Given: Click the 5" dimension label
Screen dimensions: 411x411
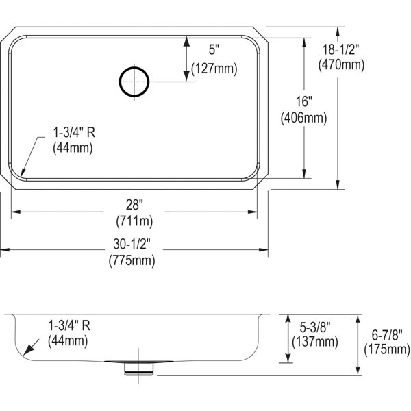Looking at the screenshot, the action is (x=214, y=49).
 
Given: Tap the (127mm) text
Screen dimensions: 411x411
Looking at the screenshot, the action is (x=214, y=69).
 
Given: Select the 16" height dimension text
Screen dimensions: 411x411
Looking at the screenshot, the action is (x=303, y=101).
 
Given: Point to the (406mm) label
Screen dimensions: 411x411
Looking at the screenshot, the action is (x=303, y=118).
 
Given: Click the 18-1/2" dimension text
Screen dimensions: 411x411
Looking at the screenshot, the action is (x=340, y=49).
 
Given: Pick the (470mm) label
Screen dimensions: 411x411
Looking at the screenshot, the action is (x=341, y=64).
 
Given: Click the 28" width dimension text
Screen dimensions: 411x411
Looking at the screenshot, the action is (x=134, y=205).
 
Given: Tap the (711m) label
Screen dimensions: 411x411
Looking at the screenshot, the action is (x=134, y=221).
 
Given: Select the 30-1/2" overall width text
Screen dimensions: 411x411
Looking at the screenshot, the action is (x=132, y=245).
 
